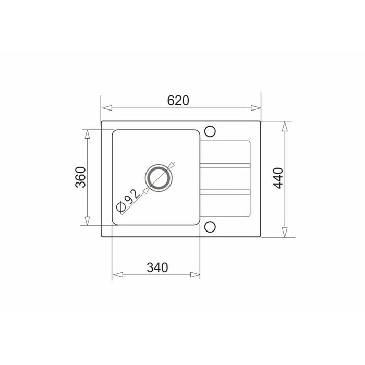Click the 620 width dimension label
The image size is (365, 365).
[x=178, y=101]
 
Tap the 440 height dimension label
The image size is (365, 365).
[x=278, y=178]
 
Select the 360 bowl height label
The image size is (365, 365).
[x=80, y=177]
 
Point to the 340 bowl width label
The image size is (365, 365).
[x=157, y=267]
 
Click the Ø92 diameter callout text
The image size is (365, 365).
[x=128, y=200]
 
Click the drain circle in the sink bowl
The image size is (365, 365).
[x=159, y=178]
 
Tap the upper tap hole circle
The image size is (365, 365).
[x=210, y=131]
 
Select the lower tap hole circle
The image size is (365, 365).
[x=210, y=227]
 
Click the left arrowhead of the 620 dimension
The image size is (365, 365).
[x=107, y=108]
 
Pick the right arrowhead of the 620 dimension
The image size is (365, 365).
[x=256, y=108]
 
